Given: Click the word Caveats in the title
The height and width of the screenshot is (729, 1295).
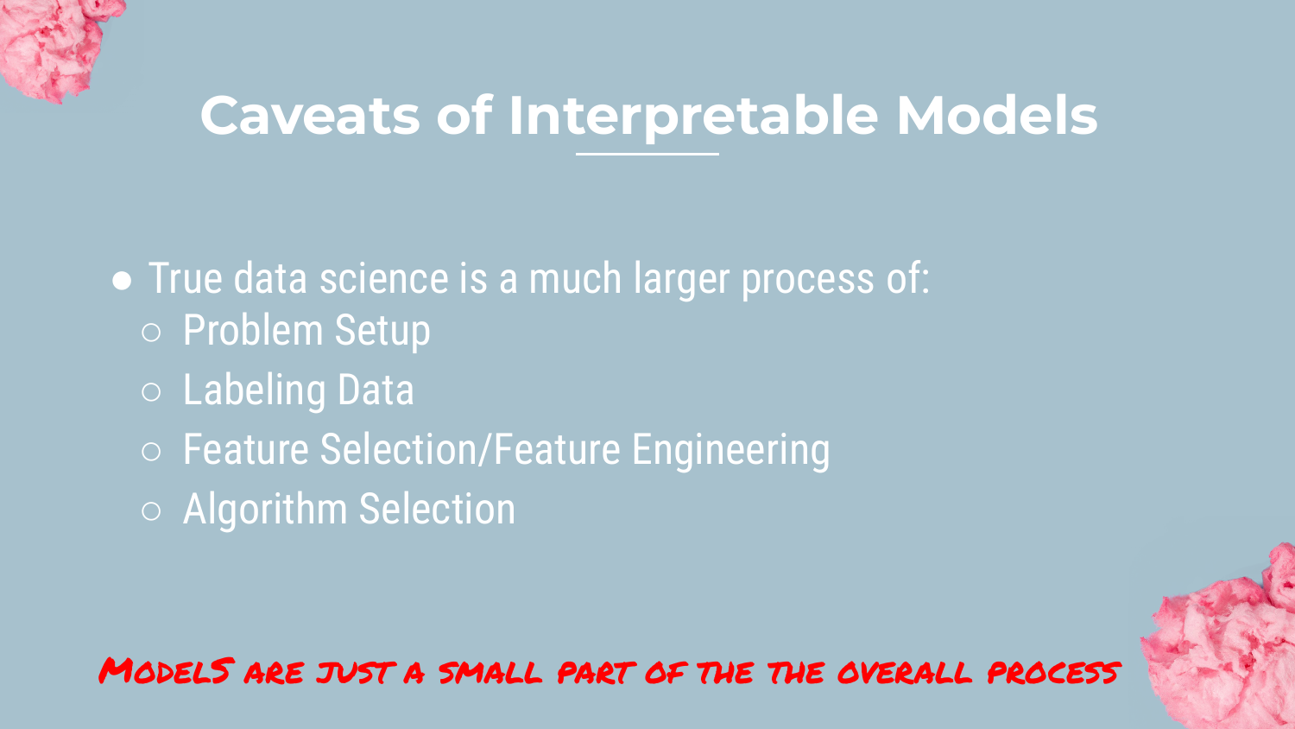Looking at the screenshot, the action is tap(310, 116).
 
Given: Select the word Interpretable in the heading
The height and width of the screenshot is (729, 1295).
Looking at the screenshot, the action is tap(693, 117).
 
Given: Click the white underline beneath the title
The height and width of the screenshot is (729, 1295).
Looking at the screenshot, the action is tap(647, 154).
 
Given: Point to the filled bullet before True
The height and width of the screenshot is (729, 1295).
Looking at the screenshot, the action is tap(122, 282).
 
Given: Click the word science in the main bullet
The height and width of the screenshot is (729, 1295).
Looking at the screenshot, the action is tap(384, 279).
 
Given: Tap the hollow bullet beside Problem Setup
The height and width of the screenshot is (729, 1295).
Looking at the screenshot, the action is tap(151, 332).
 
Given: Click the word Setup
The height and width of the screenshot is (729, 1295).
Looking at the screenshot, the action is tap(382, 332).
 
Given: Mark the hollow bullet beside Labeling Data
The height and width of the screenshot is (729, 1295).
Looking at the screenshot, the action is tap(151, 391).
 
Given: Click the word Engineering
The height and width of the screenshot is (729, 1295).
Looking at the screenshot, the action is tap(730, 451).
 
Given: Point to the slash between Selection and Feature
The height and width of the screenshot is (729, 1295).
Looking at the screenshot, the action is tap(484, 449).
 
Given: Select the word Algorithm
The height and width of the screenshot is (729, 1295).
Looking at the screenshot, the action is tap(265, 509).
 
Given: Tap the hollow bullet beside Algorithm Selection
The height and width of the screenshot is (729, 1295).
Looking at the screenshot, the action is tap(151, 510).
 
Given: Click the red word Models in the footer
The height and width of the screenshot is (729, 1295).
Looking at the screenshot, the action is tap(167, 671).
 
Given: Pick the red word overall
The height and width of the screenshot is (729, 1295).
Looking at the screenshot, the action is tap(905, 673).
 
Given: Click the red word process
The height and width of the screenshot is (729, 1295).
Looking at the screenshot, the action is tap(1053, 673).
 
